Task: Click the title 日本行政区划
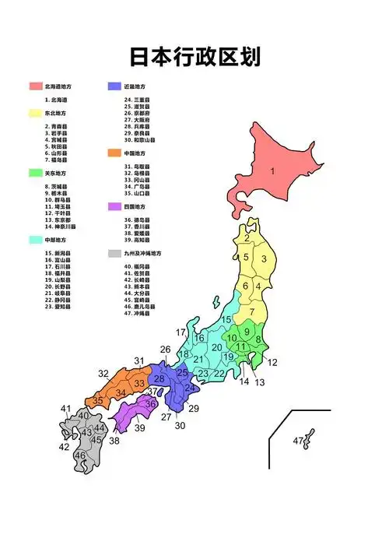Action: coord(194,57)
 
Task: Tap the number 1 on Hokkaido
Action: coord(273,171)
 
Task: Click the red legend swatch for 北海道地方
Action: coord(35,86)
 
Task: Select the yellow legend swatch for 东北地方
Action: coord(35,113)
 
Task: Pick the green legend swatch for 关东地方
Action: coord(35,173)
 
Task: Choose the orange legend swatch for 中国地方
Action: coord(115,153)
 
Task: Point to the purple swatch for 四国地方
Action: coord(115,207)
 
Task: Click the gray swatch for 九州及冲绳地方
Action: coord(115,254)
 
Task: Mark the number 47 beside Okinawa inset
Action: coord(298,441)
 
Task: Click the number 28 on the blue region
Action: coord(159,379)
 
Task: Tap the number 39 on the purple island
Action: coord(140,428)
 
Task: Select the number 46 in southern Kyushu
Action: coord(80,455)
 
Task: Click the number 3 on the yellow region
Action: coord(265,260)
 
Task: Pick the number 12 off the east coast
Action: coord(272,362)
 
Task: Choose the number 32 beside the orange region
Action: coord(103,374)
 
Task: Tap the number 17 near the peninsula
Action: coord(181,332)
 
